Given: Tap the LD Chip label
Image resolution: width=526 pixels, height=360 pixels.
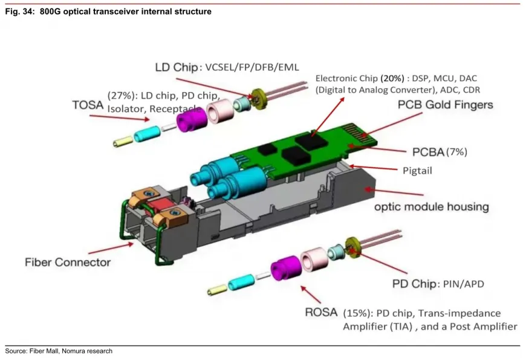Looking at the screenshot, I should tap(177, 67).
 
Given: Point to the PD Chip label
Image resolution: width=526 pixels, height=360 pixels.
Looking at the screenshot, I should tap(411, 283).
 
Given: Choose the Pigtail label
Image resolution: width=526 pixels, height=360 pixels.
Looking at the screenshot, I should tap(418, 171).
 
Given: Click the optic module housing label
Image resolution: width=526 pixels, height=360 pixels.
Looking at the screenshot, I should tap(431, 206).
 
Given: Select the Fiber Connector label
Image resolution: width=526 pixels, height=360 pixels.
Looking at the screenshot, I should tap(68, 262).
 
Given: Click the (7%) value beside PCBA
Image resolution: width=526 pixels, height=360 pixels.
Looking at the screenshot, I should tap(456, 151).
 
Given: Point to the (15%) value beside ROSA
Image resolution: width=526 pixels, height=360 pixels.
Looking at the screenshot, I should tap(354, 313).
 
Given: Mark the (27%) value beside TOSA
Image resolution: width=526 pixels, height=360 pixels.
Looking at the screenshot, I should tap(120, 96).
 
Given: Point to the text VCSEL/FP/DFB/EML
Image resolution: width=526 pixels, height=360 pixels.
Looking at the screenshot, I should tap(253, 67).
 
